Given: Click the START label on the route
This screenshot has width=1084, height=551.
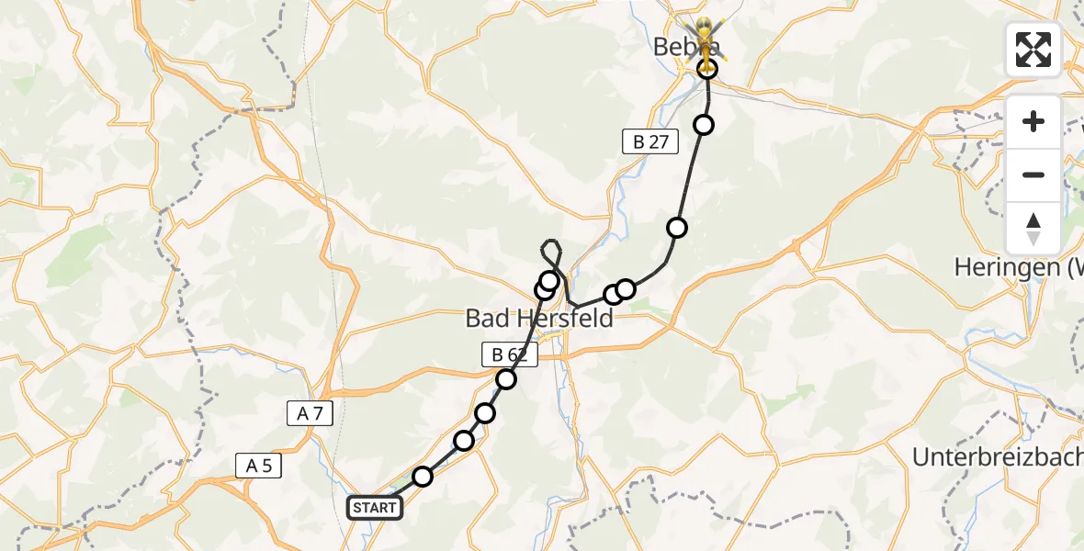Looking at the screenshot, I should [375, 508].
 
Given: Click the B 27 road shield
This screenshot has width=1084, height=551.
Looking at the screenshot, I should [649, 141].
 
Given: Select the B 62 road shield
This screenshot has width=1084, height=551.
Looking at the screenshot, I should [508, 354].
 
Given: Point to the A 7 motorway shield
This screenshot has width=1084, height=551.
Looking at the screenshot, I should [310, 414].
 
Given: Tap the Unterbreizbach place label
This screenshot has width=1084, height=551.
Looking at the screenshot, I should [997, 456].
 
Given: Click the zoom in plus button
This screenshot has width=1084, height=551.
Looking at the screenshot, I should [1033, 122].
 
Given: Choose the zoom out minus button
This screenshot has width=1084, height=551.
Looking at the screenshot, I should [1033, 174].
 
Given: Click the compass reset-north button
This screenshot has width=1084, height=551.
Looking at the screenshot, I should [1033, 229].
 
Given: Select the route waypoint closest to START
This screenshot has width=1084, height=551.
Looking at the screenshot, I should [423, 476].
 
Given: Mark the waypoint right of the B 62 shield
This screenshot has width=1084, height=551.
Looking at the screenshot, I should [506, 378].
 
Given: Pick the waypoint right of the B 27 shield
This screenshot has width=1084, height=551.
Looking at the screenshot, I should [704, 125].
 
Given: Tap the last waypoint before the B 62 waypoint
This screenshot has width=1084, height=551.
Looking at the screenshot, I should [485, 413].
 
